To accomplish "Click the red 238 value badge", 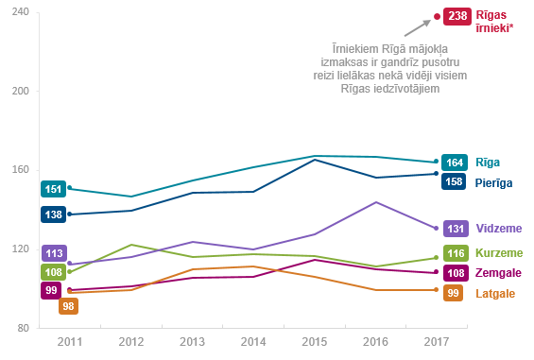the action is pyautogui.click(x=457, y=16).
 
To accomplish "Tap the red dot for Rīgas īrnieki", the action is pyautogui.click(x=437, y=16).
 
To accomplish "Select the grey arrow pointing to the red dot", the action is pyautogui.click(x=418, y=27).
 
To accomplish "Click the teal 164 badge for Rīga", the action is pyautogui.click(x=455, y=163).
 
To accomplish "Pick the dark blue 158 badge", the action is pyautogui.click(x=454, y=181).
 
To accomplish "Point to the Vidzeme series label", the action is pyautogui.click(x=499, y=229).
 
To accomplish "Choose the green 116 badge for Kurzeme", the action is pyautogui.click(x=456, y=253).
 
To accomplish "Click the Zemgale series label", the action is pyautogui.click(x=498, y=273).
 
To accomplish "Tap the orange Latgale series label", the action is pyautogui.click(x=495, y=293).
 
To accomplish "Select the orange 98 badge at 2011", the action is pyautogui.click(x=68, y=306).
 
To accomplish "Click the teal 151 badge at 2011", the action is pyautogui.click(x=54, y=189).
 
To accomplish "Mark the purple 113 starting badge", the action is pyautogui.click(x=54, y=253).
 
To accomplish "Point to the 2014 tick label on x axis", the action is pyautogui.click(x=253, y=342).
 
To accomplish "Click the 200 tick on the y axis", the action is pyautogui.click(x=21, y=91).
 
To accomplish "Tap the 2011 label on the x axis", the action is pyautogui.click(x=70, y=342).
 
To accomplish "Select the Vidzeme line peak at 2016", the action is pyautogui.click(x=375, y=202).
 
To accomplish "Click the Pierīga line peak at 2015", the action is pyautogui.click(x=315, y=160).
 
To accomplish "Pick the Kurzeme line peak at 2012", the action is pyautogui.click(x=131, y=245).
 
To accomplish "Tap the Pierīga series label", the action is pyautogui.click(x=493, y=183).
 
